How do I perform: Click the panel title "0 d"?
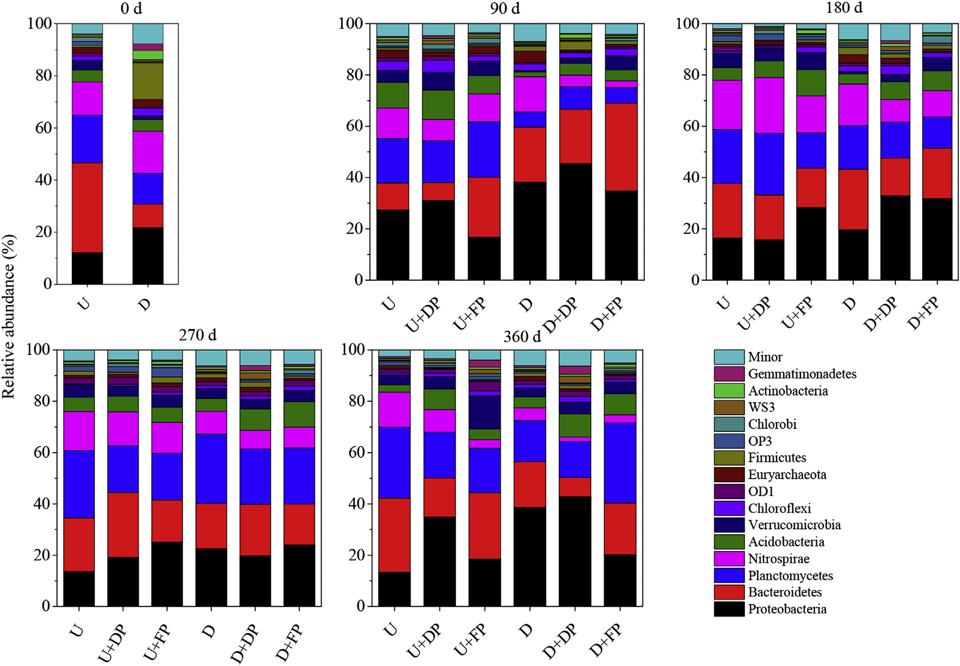point(131,8)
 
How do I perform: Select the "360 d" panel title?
point(522,337)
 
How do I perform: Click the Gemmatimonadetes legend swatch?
point(728,374)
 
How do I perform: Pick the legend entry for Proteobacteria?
point(787,609)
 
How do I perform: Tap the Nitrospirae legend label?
point(779,559)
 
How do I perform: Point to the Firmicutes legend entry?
point(777,458)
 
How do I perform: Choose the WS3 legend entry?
point(761,407)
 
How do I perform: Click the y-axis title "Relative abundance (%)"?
point(9,317)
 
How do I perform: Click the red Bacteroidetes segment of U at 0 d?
point(87,207)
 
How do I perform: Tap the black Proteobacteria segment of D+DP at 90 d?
point(575,221)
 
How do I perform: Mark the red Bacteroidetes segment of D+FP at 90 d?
point(621,147)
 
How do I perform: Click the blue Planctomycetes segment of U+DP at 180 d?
point(769,164)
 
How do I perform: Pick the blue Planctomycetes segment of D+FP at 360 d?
point(620,462)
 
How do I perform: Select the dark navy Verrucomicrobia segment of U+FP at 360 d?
point(484,412)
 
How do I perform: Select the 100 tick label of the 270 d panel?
point(39,349)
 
